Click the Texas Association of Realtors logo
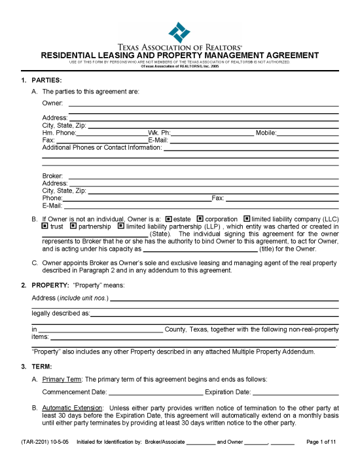(179, 32)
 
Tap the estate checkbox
(168, 219)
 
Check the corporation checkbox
(200, 219)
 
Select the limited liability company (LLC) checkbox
(247, 219)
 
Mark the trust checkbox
(45, 226)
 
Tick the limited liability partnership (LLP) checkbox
(120, 226)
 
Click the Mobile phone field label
(266, 132)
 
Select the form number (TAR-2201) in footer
(28, 442)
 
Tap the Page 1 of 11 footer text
(321, 442)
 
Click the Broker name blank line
(204, 175)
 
